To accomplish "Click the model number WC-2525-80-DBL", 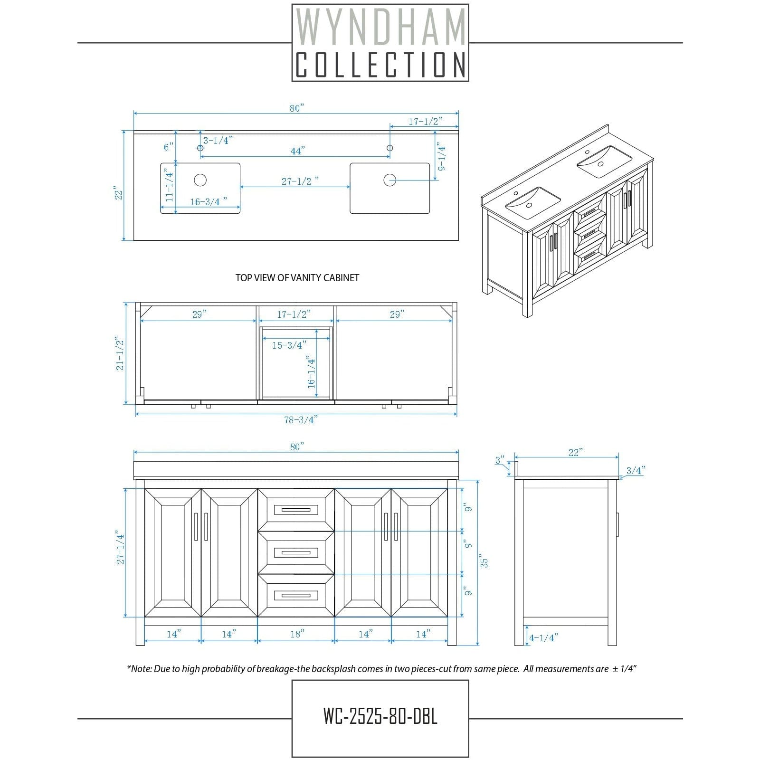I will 380,716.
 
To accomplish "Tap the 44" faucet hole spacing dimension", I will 297,151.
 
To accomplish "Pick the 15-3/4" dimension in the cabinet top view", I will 289,345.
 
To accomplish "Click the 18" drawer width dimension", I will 297,634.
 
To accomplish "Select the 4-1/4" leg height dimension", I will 543,638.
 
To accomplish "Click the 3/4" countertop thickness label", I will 636,471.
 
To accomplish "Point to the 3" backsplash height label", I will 500,460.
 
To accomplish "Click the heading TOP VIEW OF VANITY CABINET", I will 297,278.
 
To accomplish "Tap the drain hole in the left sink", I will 200,180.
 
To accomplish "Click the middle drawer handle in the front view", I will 296,552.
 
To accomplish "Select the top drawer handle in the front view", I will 296,510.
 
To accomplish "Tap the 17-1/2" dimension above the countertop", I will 426,122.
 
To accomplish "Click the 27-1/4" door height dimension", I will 120,549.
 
